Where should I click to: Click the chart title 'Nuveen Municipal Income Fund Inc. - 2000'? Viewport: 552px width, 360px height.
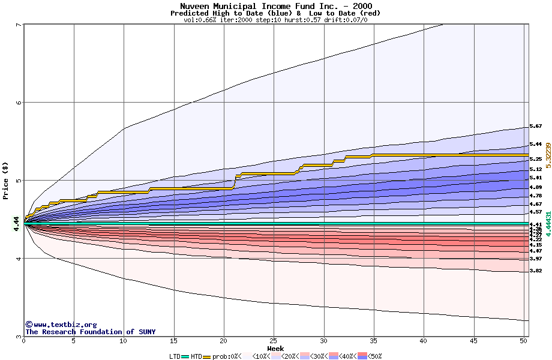click(275, 6)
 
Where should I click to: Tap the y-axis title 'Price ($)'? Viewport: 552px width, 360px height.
click(6, 181)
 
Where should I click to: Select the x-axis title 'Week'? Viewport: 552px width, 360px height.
click(275, 349)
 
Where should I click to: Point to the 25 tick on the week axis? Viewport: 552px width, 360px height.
click(274, 341)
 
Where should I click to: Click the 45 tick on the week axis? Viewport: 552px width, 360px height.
click(473, 341)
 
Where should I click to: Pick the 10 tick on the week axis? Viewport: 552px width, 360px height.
click(124, 341)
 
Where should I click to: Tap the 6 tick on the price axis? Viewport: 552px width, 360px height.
click(19, 102)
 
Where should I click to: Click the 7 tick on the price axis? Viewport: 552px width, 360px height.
click(19, 25)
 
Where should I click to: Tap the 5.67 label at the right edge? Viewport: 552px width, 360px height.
click(536, 127)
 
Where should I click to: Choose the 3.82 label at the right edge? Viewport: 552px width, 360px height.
click(536, 271)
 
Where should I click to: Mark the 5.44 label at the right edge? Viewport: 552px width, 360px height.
click(536, 145)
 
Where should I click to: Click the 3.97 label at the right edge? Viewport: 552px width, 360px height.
click(536, 259)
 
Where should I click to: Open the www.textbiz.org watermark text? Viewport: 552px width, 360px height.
click(61, 325)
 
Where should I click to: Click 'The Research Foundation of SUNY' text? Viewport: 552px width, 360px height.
click(90, 332)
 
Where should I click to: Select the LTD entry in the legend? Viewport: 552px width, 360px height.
click(176, 356)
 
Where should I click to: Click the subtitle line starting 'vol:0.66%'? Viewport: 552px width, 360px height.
click(275, 20)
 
